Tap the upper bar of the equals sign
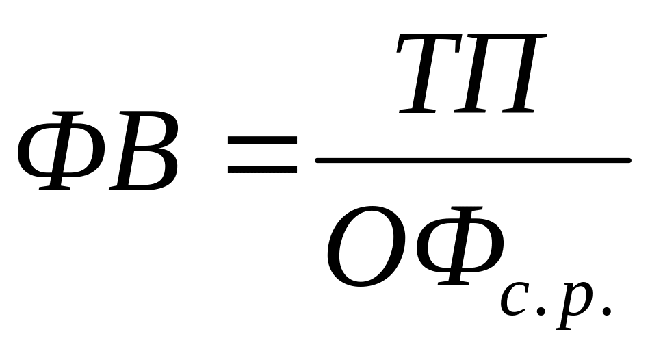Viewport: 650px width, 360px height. pos(262,139)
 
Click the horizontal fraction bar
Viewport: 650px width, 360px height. pos(472,161)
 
